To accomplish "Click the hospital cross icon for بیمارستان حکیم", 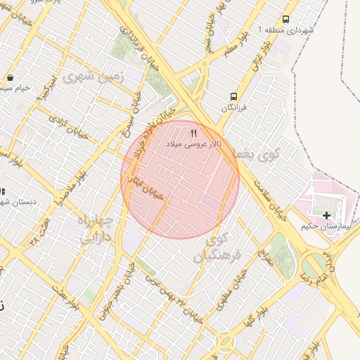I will (x=326, y=214).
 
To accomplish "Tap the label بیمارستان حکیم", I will (x=320, y=226).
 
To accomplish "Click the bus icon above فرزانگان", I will (x=233, y=96).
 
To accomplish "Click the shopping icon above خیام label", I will (x=10, y=77).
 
